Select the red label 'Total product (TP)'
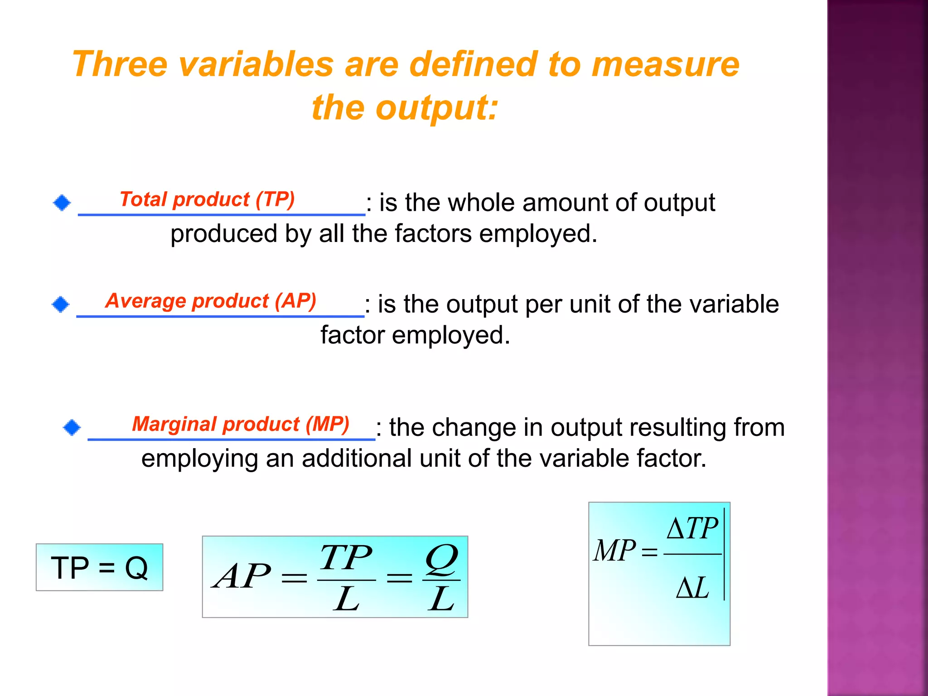(x=207, y=199)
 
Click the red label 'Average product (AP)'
(x=211, y=301)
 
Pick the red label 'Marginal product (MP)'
(x=241, y=424)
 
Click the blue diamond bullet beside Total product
(x=62, y=203)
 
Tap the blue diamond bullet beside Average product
(x=61, y=304)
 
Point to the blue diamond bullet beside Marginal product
(x=72, y=427)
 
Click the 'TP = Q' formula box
(x=99, y=567)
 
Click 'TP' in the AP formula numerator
(x=346, y=557)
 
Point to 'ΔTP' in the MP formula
(x=692, y=528)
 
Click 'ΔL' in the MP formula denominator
(x=692, y=588)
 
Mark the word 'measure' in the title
(x=666, y=64)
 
